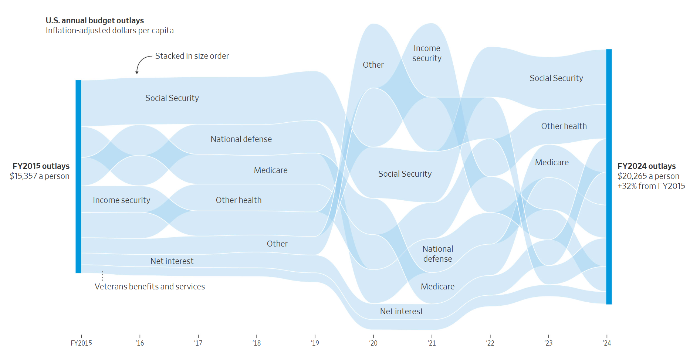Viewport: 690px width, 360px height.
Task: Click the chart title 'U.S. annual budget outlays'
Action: [x=95, y=21]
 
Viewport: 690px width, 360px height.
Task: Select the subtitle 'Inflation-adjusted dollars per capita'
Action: [x=109, y=31]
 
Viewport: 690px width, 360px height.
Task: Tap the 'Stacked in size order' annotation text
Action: [x=192, y=56]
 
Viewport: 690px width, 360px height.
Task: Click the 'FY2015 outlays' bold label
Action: [x=41, y=166]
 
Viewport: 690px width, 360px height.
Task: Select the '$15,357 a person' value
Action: [x=40, y=176]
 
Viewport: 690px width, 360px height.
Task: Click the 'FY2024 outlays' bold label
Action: [x=646, y=166]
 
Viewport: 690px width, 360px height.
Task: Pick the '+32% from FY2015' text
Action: [x=651, y=186]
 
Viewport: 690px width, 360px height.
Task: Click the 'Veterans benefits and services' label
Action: [x=150, y=287]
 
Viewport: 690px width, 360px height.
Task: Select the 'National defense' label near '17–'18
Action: [x=241, y=139]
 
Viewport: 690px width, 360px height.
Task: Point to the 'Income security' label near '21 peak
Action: [x=427, y=53]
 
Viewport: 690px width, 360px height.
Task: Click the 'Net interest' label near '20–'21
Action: [x=401, y=312]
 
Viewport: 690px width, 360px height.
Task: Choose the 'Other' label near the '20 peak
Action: [x=373, y=65]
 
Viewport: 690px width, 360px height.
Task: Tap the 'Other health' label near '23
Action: [x=564, y=126]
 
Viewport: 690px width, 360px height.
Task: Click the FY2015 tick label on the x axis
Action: [x=81, y=343]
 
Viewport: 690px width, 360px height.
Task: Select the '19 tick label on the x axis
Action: [x=315, y=343]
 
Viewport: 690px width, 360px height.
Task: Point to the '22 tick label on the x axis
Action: [x=490, y=343]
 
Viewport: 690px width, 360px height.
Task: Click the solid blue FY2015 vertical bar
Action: [x=78, y=177]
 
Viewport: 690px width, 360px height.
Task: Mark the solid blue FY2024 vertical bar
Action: [x=609, y=177]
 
